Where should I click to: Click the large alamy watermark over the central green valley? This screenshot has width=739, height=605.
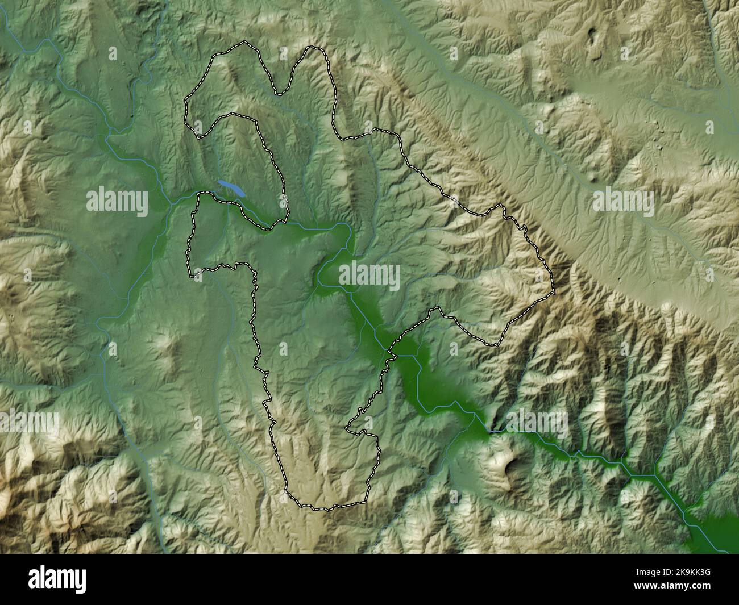[369, 277]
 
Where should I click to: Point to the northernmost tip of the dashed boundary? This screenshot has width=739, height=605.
[244, 41]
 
